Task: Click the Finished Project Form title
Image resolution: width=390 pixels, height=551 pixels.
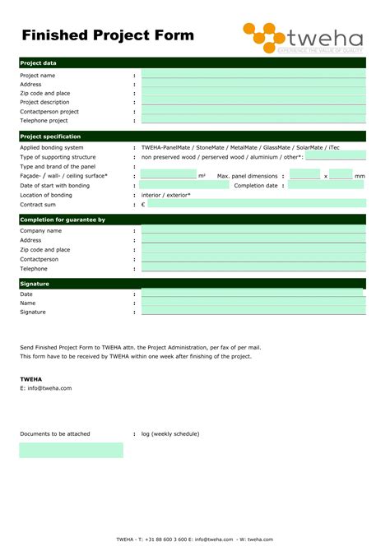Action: click(108, 35)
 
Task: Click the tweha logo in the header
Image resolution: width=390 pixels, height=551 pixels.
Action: click(304, 38)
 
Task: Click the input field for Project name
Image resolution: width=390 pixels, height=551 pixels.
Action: click(253, 75)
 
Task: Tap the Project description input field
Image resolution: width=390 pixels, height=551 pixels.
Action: click(253, 102)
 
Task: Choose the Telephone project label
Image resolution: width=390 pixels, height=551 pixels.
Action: click(44, 120)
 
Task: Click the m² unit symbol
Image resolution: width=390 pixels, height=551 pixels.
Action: click(202, 176)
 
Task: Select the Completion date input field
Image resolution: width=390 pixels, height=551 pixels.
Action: click(326, 186)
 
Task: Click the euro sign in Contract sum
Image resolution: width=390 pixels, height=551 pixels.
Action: click(143, 205)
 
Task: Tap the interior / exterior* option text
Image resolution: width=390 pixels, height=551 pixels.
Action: click(166, 195)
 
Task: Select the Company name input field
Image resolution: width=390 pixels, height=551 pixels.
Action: click(253, 231)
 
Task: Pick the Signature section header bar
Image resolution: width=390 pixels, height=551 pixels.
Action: click(192, 283)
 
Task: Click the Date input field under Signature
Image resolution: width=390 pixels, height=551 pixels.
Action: click(253, 294)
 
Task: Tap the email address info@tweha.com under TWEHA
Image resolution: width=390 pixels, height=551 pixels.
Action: click(49, 388)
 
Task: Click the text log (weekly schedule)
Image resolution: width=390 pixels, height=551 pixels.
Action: click(170, 433)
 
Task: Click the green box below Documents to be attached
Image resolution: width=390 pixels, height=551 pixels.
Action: click(71, 450)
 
